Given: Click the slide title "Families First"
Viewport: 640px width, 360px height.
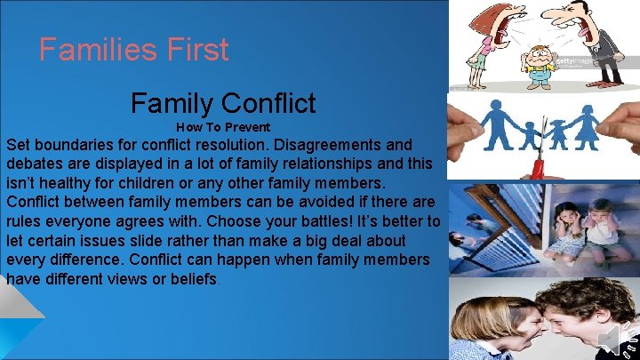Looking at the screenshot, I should [x=133, y=49].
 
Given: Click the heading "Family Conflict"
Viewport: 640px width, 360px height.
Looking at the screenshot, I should [x=223, y=103].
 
